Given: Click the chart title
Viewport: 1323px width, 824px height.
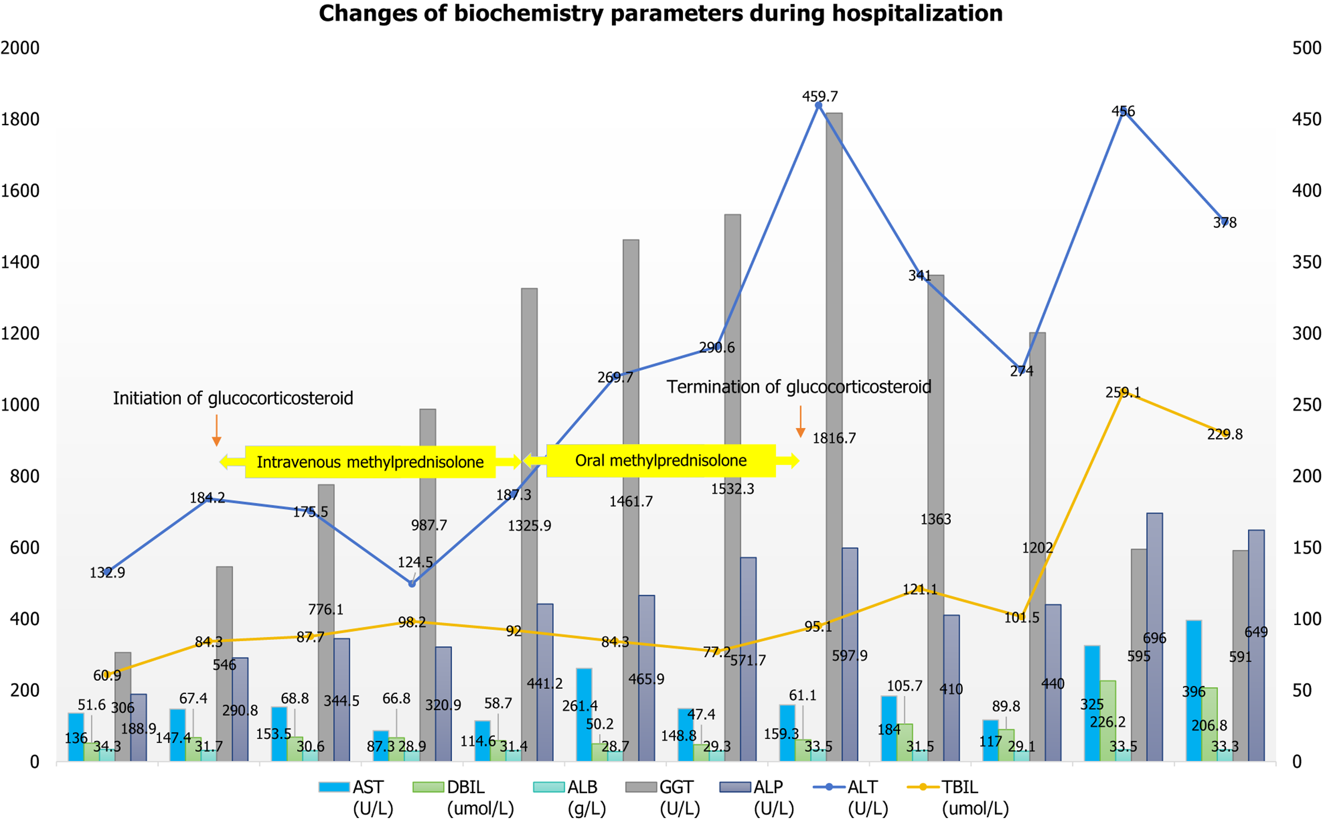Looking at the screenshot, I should tap(660, 14).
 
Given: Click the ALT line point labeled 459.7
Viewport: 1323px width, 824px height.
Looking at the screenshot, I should tap(818, 105).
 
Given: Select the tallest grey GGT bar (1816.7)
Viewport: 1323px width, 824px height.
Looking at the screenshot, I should tap(834, 382).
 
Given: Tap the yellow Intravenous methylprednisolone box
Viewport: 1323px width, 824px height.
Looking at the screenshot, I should tap(370, 462).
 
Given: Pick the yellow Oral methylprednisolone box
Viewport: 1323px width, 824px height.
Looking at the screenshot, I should tap(661, 461).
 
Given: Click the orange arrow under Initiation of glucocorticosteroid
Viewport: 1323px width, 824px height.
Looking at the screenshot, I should tap(216, 430).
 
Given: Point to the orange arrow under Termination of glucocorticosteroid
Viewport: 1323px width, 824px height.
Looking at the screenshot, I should tap(800, 422).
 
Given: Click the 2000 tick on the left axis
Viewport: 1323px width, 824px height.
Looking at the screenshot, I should tap(20, 48).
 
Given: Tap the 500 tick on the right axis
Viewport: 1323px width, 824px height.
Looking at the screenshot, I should tap(1306, 48).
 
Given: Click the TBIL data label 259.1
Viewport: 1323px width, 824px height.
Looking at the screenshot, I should tap(1123, 392).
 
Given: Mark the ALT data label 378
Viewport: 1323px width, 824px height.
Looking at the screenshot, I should tap(1224, 222).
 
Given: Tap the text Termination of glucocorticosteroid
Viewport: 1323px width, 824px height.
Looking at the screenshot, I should tap(798, 387).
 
